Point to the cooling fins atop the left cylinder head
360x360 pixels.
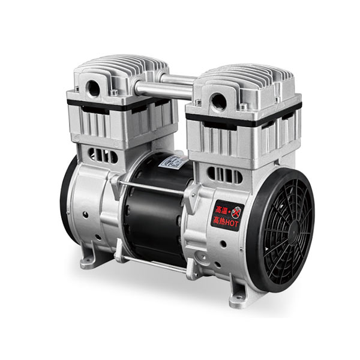pos(120,68)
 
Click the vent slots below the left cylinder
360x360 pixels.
pos(103,155)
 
